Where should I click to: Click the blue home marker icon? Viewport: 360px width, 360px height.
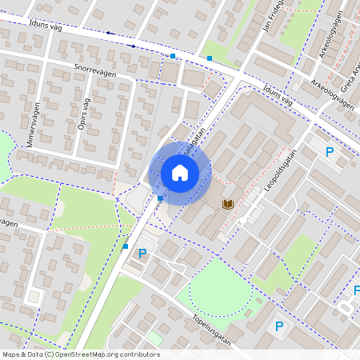[x=180, y=173]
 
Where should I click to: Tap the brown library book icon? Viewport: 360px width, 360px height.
[x=228, y=206]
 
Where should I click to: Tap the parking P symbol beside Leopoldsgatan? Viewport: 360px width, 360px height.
[x=328, y=151]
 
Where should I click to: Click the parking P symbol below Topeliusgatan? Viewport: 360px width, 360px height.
[x=279, y=326]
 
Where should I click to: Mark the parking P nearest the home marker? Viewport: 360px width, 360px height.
[x=142, y=254]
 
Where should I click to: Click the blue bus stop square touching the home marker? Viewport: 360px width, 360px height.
[x=161, y=198]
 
